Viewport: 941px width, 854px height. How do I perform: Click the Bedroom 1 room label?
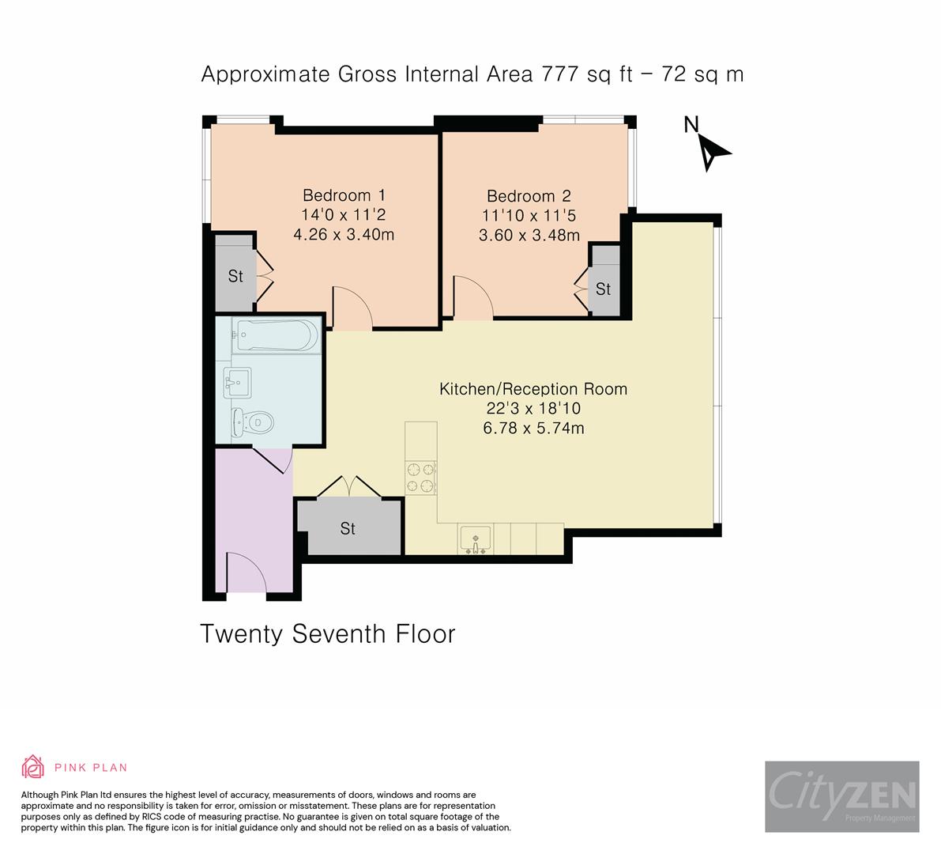point(344,195)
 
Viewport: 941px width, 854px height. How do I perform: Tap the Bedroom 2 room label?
point(529,196)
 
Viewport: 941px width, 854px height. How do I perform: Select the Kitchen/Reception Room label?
point(533,388)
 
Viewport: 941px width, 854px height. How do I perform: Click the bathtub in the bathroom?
point(277,335)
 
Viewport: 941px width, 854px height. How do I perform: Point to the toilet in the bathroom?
point(253,421)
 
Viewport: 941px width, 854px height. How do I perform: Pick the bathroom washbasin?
point(237,382)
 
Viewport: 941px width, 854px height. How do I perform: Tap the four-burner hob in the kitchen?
point(420,478)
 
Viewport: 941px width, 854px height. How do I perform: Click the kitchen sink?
point(476,538)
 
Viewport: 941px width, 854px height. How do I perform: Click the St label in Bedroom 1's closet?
point(235,276)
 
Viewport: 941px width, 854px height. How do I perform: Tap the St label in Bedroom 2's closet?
point(603,289)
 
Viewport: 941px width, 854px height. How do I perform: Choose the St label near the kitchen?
point(348,528)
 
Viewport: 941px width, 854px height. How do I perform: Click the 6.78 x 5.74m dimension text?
point(533,428)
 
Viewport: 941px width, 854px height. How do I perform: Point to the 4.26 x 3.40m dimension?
point(344,234)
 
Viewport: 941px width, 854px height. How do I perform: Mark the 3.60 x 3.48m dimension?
point(529,235)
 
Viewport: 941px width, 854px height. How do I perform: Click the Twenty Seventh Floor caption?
point(328,633)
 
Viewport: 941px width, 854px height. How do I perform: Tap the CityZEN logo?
point(842,796)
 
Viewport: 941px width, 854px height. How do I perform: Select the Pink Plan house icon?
point(33,767)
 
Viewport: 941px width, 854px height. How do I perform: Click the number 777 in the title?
point(560,74)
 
